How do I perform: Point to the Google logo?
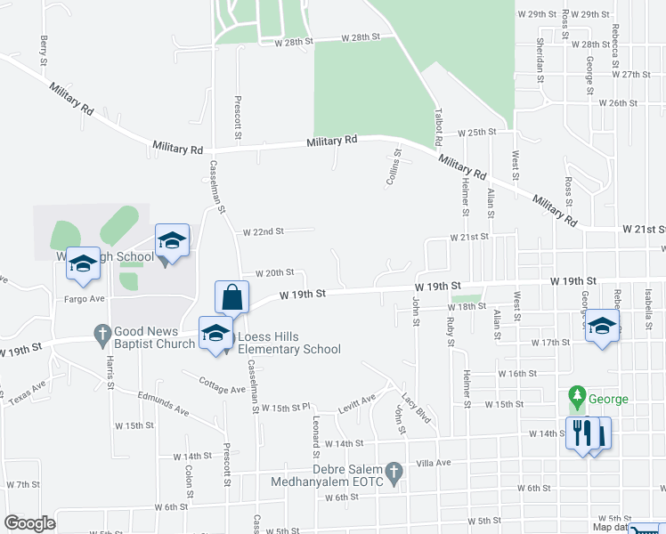(x=29, y=523)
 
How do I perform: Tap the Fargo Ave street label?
(x=85, y=298)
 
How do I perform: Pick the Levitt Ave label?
(x=356, y=403)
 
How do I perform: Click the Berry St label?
(x=43, y=51)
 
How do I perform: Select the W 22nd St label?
(x=263, y=231)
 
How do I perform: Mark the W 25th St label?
(x=476, y=132)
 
